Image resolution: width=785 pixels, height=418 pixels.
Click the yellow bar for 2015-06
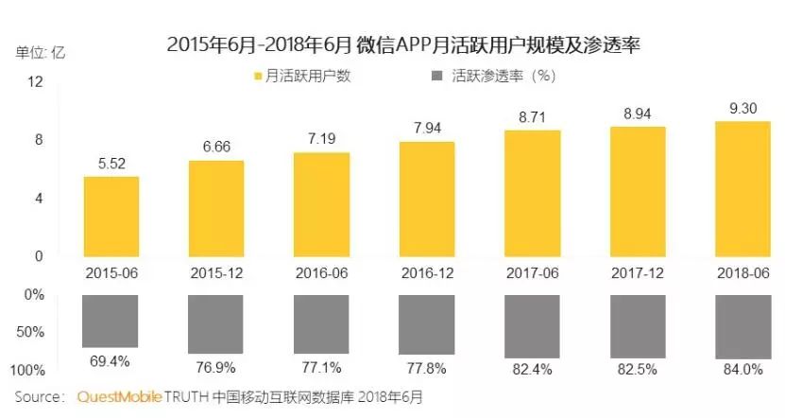tap(111, 216)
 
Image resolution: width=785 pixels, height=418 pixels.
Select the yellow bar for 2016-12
tap(427, 199)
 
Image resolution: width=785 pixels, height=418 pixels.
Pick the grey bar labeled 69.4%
tap(111, 321)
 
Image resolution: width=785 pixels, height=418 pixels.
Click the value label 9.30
tap(742, 109)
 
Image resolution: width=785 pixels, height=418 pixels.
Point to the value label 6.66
tap(216, 148)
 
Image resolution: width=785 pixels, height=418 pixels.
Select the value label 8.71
tap(532, 117)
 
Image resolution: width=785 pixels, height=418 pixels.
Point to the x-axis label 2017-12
tap(637, 271)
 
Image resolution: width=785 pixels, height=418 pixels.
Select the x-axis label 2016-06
tap(321, 271)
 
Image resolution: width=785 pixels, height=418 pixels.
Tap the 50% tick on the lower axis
tap(32, 332)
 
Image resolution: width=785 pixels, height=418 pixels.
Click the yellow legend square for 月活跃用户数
tap(257, 76)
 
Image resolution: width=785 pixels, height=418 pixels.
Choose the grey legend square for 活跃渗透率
tap(436, 76)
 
